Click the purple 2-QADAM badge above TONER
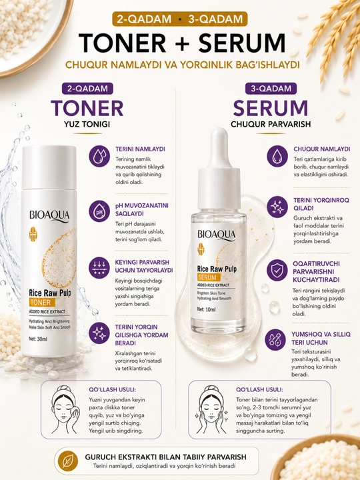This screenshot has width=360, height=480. point(87,89)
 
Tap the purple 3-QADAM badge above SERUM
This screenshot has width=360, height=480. point(271,89)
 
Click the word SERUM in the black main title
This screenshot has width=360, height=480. point(242,43)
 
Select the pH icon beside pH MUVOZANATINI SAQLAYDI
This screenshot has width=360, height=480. point(99,211)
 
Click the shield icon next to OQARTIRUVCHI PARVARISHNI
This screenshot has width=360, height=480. point(277,270)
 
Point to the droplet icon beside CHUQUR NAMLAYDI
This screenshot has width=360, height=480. point(277,156)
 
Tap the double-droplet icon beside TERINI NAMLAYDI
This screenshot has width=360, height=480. point(99,156)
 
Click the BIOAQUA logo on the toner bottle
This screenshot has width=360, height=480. point(49,216)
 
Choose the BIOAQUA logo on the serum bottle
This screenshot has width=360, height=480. point(217,235)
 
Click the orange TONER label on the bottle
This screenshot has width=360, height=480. point(43,303)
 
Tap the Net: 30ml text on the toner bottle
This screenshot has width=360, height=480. point(38,339)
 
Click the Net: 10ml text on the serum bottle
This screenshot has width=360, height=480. point(206,309)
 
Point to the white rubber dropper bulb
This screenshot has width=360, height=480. point(219,147)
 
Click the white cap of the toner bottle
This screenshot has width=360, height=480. point(49,168)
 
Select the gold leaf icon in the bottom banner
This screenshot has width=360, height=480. point(66,461)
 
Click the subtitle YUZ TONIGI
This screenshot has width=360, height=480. point(87,124)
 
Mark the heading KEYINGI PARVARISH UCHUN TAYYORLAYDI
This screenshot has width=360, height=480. point(144,266)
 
